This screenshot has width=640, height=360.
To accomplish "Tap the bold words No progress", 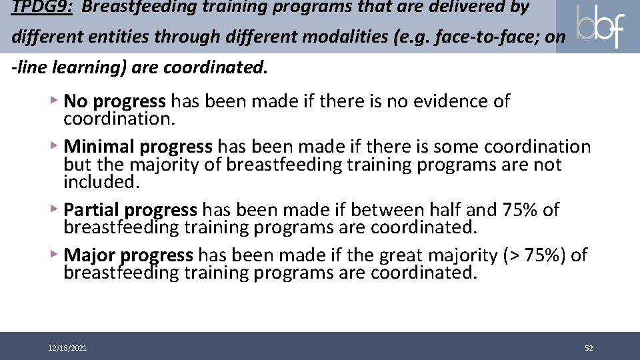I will (115, 101).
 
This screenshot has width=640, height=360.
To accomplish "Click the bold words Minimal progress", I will (138, 147).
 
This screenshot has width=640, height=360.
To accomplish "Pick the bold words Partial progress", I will (131, 210).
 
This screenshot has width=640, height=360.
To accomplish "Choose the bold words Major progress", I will (129, 255).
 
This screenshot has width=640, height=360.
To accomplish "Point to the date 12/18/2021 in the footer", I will (67, 348).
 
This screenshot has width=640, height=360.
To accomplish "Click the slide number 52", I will (589, 348).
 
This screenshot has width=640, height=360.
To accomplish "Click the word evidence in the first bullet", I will (447, 101).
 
